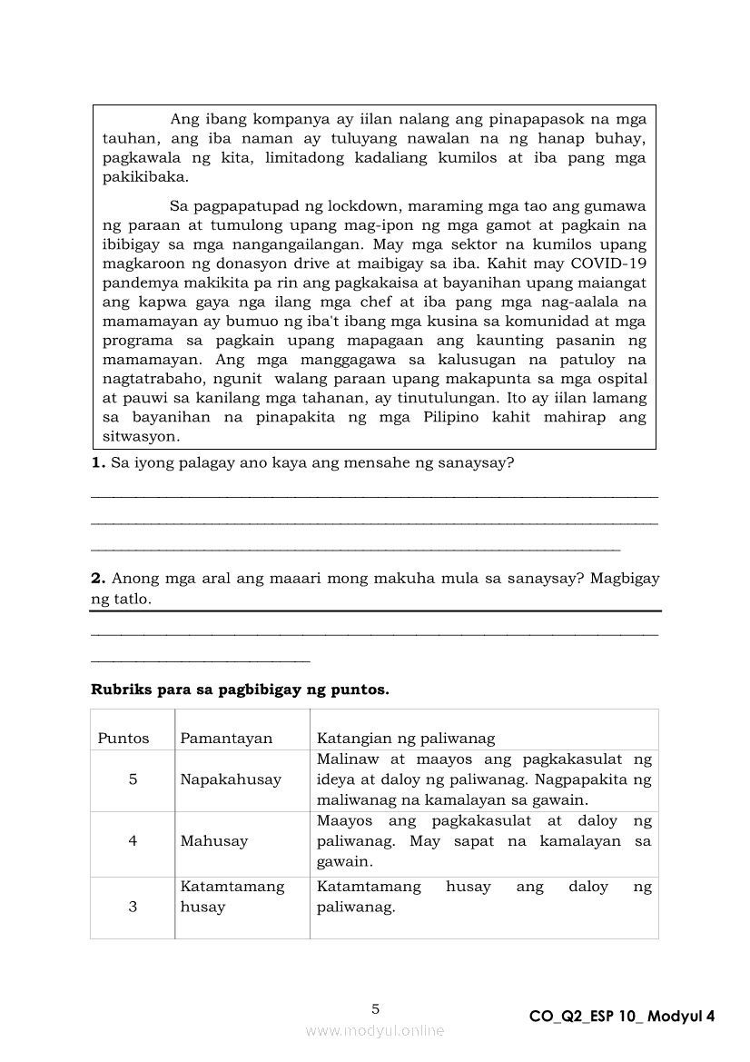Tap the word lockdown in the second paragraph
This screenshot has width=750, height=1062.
click(x=389, y=206)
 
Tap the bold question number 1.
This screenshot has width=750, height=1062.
click(x=98, y=463)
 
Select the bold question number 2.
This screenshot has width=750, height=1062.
click(x=98, y=578)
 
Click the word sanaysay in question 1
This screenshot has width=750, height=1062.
click(x=479, y=463)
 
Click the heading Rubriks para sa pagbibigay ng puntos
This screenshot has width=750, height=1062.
click(x=240, y=690)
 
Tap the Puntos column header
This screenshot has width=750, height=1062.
click(x=123, y=738)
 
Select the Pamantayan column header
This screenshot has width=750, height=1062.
click(x=226, y=738)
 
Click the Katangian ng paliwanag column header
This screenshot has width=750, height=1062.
click(x=406, y=738)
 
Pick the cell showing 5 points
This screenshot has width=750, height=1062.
click(x=133, y=779)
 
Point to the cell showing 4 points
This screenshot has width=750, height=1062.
click(x=133, y=841)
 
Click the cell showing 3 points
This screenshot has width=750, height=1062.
click(x=133, y=907)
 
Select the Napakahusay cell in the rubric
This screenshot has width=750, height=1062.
click(x=231, y=779)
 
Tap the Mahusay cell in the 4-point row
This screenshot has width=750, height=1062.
click(x=214, y=841)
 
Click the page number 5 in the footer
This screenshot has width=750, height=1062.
click(x=376, y=1008)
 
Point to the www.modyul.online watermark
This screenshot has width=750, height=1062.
click(x=375, y=1031)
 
